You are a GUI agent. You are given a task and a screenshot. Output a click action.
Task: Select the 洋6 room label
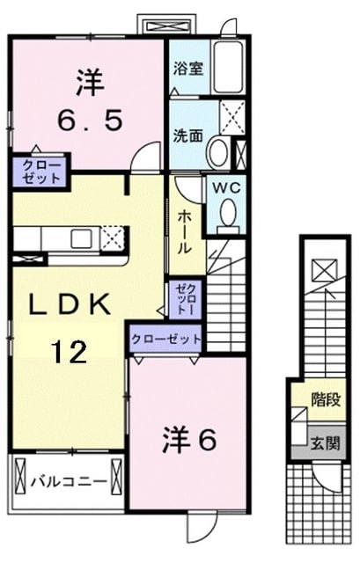click(190, 440)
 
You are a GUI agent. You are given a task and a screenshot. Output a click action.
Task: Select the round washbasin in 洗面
click(216, 153)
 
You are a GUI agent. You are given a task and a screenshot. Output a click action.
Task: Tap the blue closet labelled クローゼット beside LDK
click(167, 339)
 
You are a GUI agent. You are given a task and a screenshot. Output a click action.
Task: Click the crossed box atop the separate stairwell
click(322, 267)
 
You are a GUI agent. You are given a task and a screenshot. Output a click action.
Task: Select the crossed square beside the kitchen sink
click(112, 238)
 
